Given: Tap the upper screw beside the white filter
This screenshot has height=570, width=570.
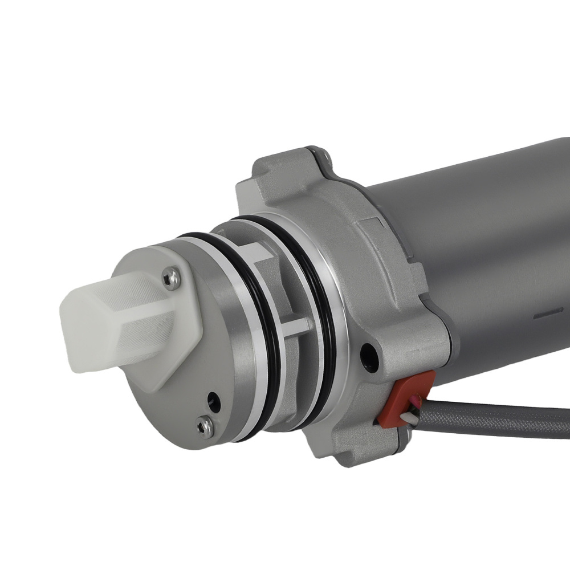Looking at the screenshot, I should pos(168,278).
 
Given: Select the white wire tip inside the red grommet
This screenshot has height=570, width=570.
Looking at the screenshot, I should pos(415,419).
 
